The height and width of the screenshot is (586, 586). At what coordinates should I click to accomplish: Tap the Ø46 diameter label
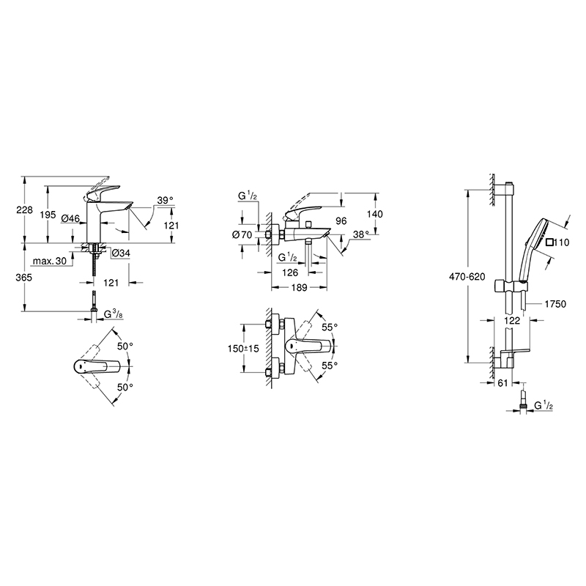click(71, 218)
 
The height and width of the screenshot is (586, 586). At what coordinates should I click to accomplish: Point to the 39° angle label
click(166, 200)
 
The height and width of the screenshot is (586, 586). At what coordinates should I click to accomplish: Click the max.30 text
click(48, 262)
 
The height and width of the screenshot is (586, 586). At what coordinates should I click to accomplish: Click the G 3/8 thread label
click(113, 314)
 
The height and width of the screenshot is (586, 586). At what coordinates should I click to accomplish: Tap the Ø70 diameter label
click(241, 234)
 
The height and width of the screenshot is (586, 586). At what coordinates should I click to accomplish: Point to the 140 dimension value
click(376, 213)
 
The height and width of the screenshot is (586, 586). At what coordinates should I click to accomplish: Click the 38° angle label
click(360, 234)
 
